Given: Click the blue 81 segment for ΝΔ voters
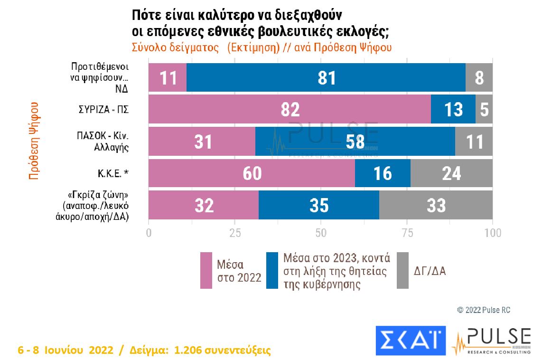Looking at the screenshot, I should tap(326, 77).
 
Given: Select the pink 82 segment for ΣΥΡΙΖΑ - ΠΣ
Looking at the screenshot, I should tap(290, 109).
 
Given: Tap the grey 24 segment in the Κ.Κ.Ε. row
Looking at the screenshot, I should tap(451, 173).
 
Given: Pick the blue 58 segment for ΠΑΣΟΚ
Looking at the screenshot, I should tap(355, 142).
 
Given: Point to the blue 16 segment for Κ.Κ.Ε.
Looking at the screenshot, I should tap(383, 173).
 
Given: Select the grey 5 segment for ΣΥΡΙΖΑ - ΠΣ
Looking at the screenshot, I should tap(484, 109).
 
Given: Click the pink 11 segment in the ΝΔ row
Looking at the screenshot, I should tap(168, 77).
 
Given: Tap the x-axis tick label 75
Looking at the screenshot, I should tap(407, 233).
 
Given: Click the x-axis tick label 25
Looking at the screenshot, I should tap(234, 233).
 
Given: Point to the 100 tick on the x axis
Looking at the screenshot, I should tap(493, 233).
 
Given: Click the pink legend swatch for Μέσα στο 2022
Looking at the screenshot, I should tap(206, 270).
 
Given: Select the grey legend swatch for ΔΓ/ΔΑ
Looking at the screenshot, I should tap(402, 270).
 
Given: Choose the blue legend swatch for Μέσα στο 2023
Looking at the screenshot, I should tap(272, 270).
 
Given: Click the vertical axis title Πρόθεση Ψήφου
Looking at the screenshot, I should tap(34, 141).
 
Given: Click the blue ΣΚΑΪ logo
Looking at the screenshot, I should tap(411, 341).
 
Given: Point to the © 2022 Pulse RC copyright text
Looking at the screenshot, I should tap(484, 310).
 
